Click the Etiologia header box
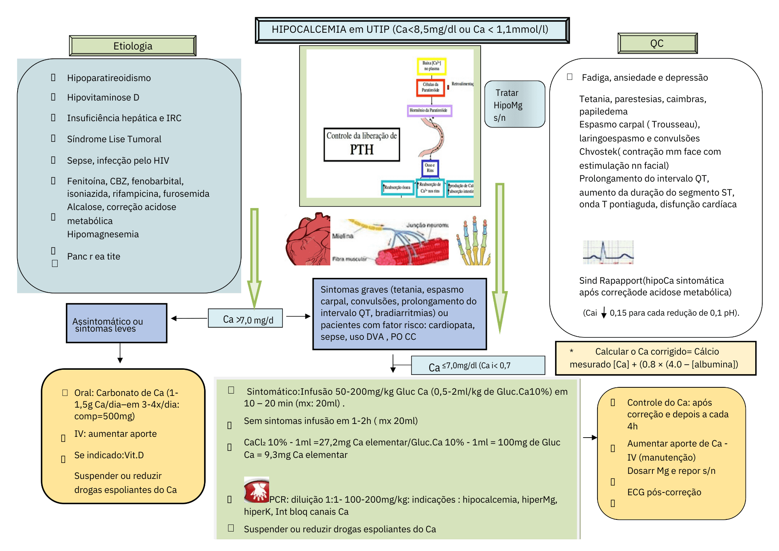click(132, 46)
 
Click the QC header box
click(657, 43)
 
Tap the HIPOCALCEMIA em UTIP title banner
click(412, 30)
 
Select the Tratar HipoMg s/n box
click(514, 104)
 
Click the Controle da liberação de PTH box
click(361, 144)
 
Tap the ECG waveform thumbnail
click(608, 253)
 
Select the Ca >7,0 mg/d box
click(245, 318)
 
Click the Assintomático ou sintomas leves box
click(116, 323)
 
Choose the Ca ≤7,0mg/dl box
click(478, 366)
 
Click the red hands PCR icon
click(256, 490)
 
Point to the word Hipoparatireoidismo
click(109, 78)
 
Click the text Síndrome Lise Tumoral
click(114, 139)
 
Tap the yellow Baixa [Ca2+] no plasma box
click(431, 66)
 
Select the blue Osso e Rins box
click(430, 168)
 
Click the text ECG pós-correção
click(664, 492)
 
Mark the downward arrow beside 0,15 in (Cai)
click(604, 313)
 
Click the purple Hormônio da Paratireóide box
click(429, 111)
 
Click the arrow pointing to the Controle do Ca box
click(590, 438)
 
